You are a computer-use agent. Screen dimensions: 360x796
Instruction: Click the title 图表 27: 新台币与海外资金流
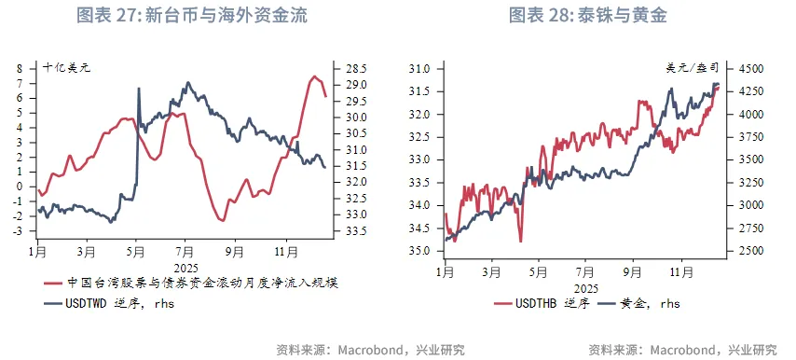point(191,16)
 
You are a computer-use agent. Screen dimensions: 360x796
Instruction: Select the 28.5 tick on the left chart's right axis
point(356,69)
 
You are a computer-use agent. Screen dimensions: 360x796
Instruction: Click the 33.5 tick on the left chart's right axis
point(356,230)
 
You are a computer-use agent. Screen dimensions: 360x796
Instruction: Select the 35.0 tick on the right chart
point(419,252)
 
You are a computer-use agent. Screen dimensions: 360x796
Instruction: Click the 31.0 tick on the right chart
point(419,69)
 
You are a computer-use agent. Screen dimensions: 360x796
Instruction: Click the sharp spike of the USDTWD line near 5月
point(139,90)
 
